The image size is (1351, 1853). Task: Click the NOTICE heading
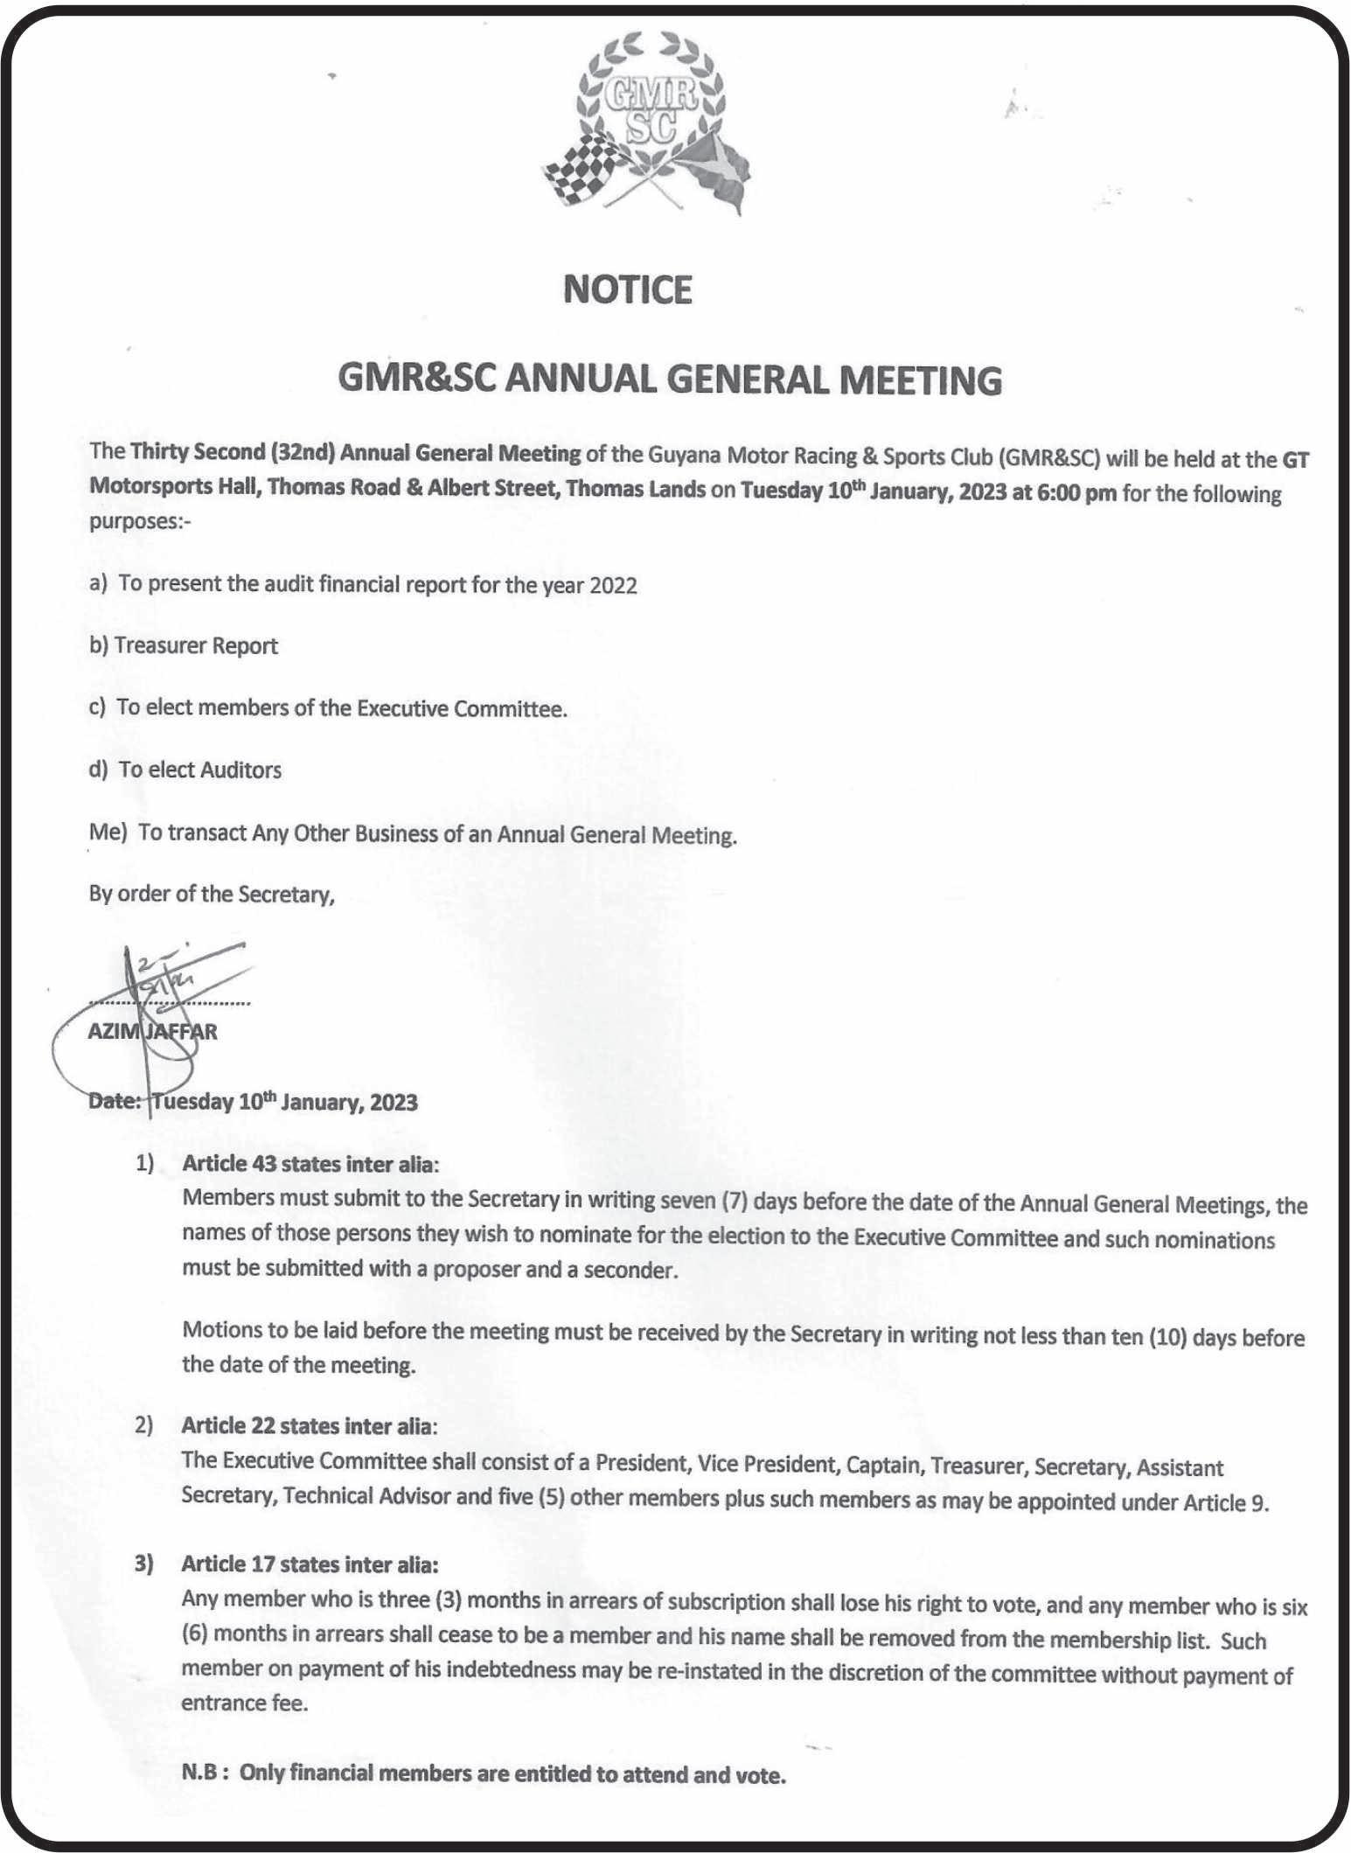[x=628, y=289]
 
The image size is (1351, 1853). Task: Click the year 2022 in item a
[x=613, y=585]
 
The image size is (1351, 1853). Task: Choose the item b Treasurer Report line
[x=184, y=646]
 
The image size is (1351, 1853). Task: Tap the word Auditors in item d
[x=240, y=770]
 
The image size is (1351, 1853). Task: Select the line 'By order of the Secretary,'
[x=212, y=895]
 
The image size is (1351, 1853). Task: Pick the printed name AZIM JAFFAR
[x=153, y=1032]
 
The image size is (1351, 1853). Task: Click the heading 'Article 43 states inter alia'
[x=309, y=1164]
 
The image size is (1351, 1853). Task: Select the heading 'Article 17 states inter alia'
[x=309, y=1564]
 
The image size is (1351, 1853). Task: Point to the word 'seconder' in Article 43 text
[x=633, y=1270]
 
